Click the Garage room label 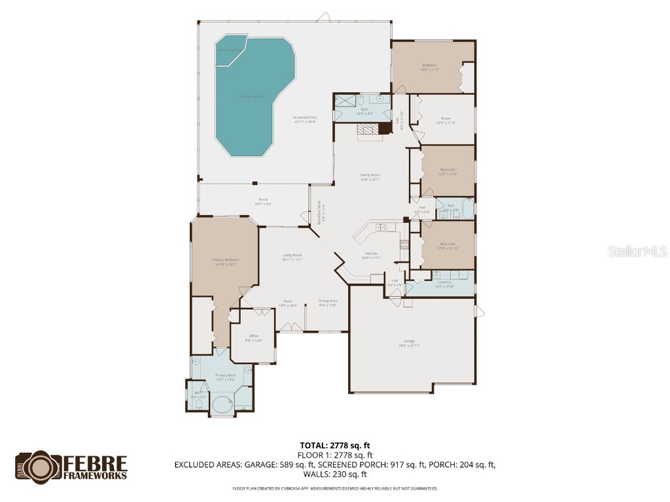(411, 343)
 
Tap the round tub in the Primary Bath (223, 405)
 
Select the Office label (254, 338)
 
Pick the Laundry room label (444, 284)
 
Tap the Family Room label (370, 177)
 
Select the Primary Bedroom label (225, 261)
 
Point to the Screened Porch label (305, 119)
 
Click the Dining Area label (327, 303)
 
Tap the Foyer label (288, 303)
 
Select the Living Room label (292, 257)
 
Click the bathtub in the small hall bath (465, 209)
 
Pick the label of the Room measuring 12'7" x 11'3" (446, 120)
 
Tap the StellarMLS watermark (637, 251)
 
